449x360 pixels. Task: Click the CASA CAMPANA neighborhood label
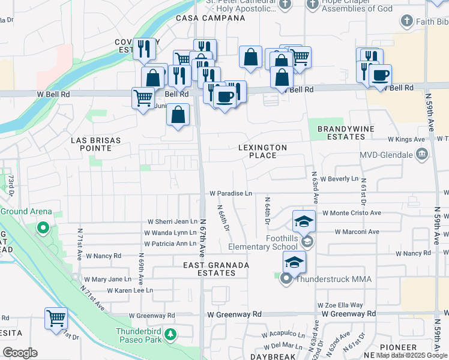(x=210, y=18)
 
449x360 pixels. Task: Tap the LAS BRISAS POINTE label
(x=96, y=144)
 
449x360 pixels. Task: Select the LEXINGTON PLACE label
(x=262, y=151)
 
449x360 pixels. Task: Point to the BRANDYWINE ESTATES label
(x=341, y=133)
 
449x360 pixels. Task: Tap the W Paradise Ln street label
(x=231, y=193)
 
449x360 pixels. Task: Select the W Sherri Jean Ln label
(x=172, y=221)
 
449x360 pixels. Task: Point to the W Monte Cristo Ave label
(x=352, y=213)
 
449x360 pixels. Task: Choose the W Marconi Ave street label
(x=357, y=232)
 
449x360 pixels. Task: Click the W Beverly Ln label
(x=339, y=179)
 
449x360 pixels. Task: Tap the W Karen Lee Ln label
(x=130, y=290)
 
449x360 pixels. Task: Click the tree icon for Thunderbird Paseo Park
(x=171, y=334)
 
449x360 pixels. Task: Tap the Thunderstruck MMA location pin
(x=286, y=279)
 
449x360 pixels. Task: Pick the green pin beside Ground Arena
(x=43, y=227)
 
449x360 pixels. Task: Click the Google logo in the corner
(x=20, y=353)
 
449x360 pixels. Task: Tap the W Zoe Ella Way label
(x=340, y=305)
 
